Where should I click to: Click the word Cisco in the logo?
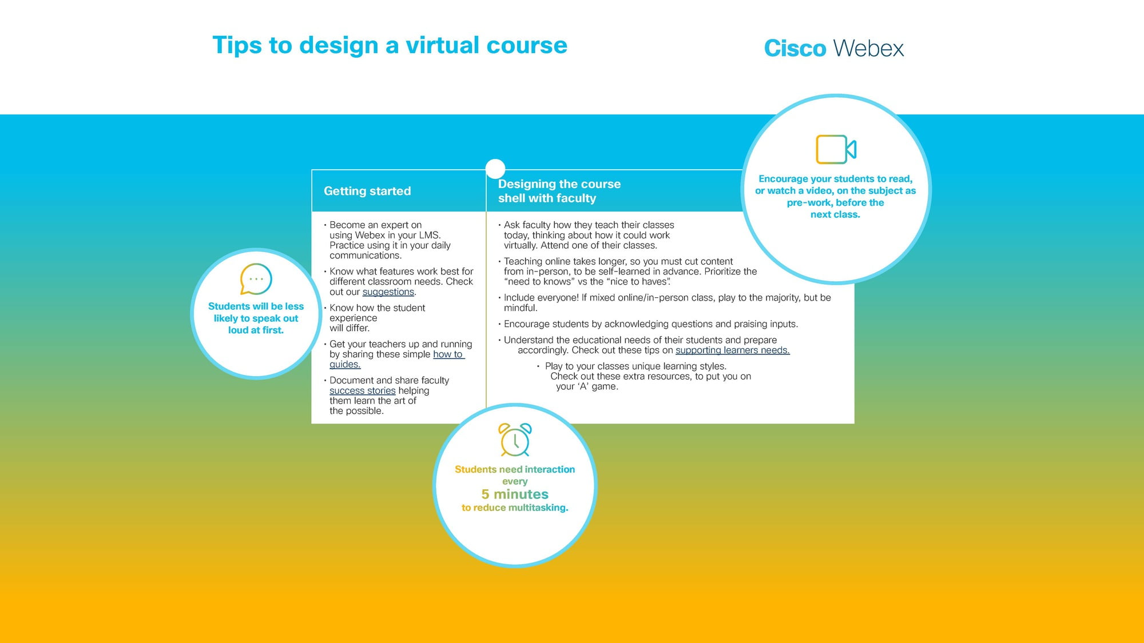pyautogui.click(x=795, y=49)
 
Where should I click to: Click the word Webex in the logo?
pyautogui.click(x=869, y=49)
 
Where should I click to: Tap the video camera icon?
pyautogui.click(x=836, y=150)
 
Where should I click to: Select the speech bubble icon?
pyautogui.click(x=256, y=279)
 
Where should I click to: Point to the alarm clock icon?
pyautogui.click(x=515, y=440)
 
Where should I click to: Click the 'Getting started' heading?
pyautogui.click(x=367, y=191)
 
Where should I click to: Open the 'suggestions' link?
pyautogui.click(x=388, y=292)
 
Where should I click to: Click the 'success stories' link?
pyautogui.click(x=363, y=391)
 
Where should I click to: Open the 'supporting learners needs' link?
pyautogui.click(x=733, y=350)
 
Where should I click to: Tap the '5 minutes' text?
pyautogui.click(x=515, y=494)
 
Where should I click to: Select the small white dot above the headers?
pyautogui.click(x=495, y=169)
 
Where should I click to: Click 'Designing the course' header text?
pyautogui.click(x=559, y=184)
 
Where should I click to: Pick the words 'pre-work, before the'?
pyautogui.click(x=835, y=203)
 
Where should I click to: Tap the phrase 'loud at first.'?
pyautogui.click(x=256, y=330)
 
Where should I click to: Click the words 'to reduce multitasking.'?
pyautogui.click(x=515, y=508)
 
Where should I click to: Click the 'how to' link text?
pyautogui.click(x=448, y=354)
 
